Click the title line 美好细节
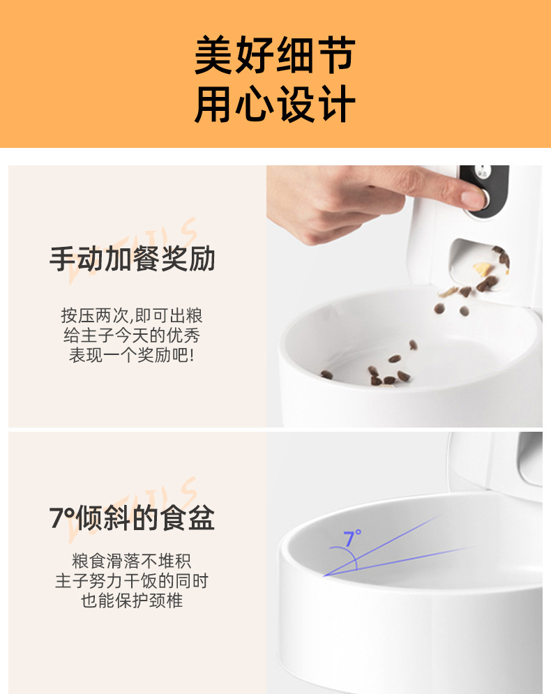275,56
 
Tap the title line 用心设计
275,105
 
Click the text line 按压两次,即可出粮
132,315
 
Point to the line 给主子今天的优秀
132,335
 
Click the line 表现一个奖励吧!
132,355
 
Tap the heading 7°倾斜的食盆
132,518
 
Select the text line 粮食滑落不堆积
132,560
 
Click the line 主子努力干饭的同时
132,580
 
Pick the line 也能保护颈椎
132,601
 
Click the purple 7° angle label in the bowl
352,538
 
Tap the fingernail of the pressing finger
474,199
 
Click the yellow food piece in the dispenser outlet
481,268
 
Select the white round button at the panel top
482,172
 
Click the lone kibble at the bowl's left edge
326,375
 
